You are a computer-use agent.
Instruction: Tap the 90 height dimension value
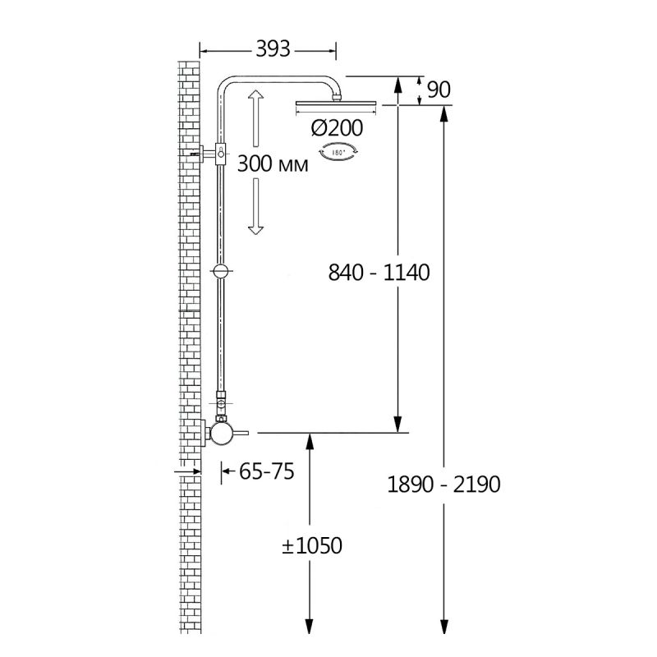click(x=439, y=90)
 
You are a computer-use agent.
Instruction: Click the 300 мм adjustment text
click(x=273, y=163)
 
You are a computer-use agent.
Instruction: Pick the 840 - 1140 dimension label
click(x=379, y=273)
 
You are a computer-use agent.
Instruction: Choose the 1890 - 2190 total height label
click(x=443, y=484)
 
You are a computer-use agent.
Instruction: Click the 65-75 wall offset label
click(x=263, y=472)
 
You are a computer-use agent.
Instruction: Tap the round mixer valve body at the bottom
click(x=220, y=433)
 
